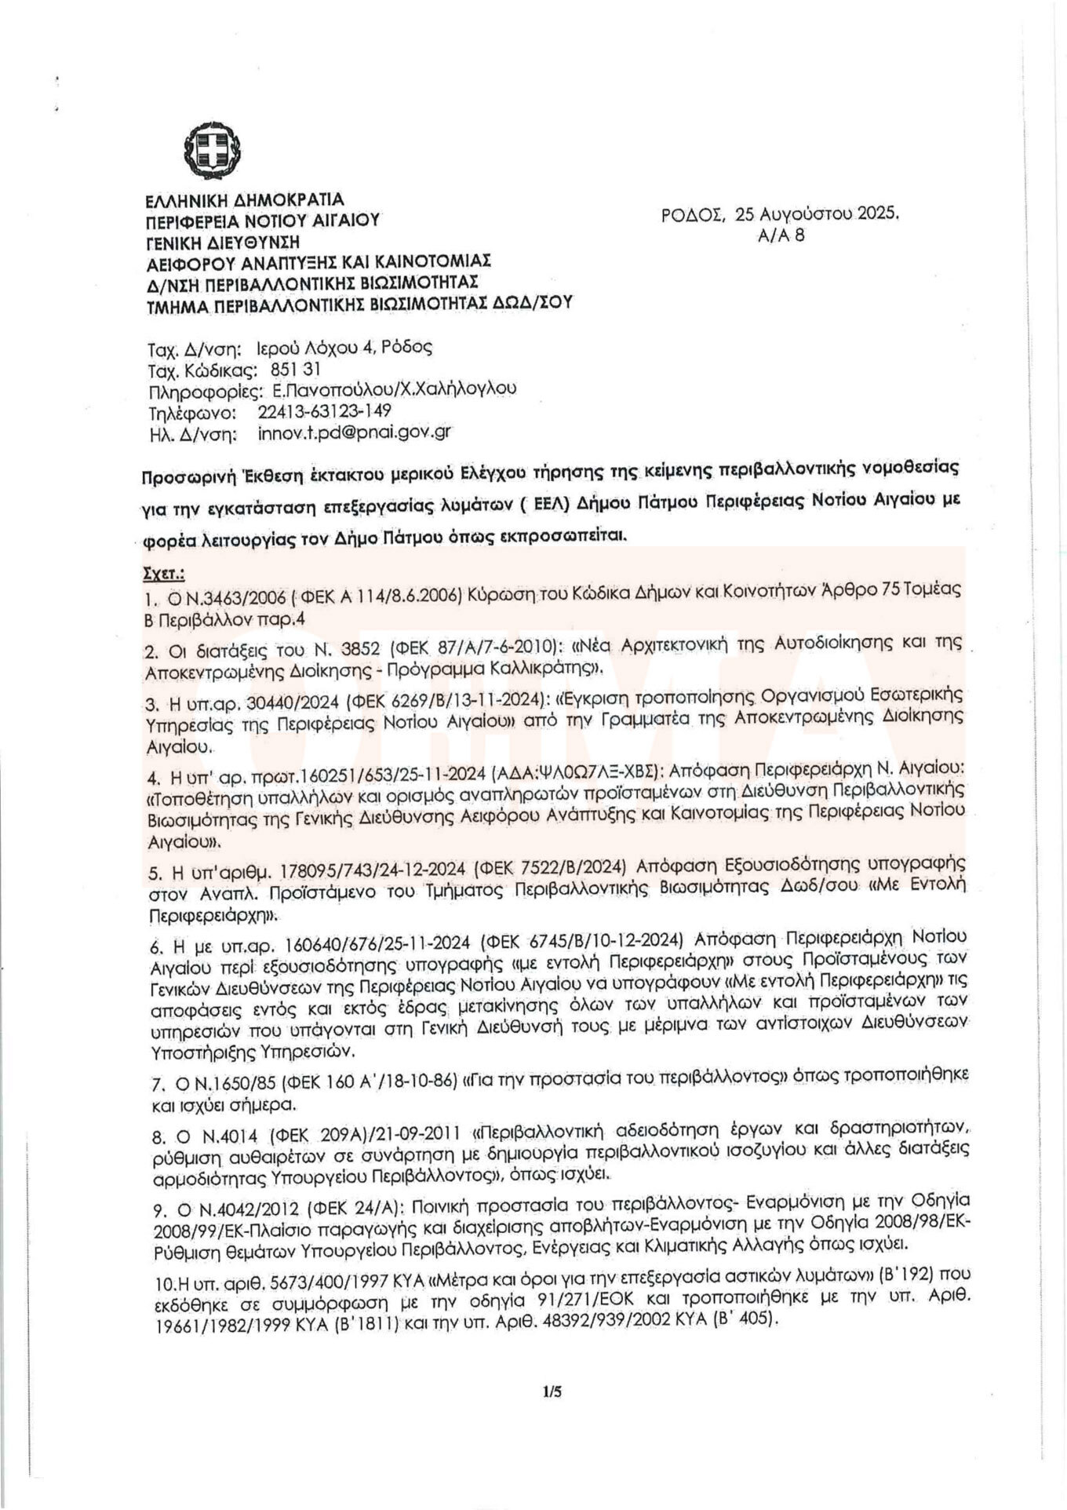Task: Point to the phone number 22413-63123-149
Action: (x=324, y=410)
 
